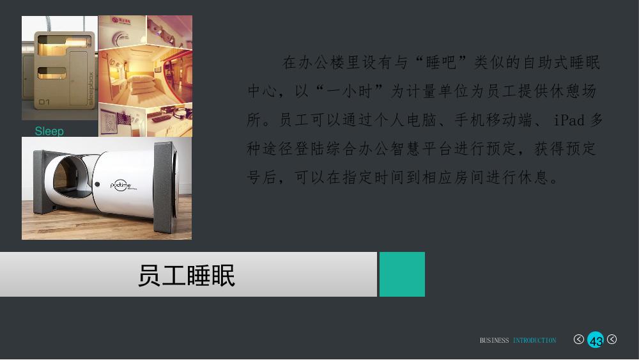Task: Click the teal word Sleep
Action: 49,131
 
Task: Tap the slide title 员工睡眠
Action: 187,276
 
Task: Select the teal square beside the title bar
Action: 402,274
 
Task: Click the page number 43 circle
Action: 596,340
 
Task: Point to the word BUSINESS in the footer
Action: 494,340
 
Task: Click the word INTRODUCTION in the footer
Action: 534,340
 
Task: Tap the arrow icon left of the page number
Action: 579,339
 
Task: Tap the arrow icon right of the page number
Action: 612,339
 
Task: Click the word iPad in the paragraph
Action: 569,120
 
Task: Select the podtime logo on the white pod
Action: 121,185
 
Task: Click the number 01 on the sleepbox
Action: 44,102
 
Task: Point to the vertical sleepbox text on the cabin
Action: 91,88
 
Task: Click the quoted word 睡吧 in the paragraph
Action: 441,63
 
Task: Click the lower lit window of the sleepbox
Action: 52,73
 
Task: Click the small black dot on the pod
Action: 97,184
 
